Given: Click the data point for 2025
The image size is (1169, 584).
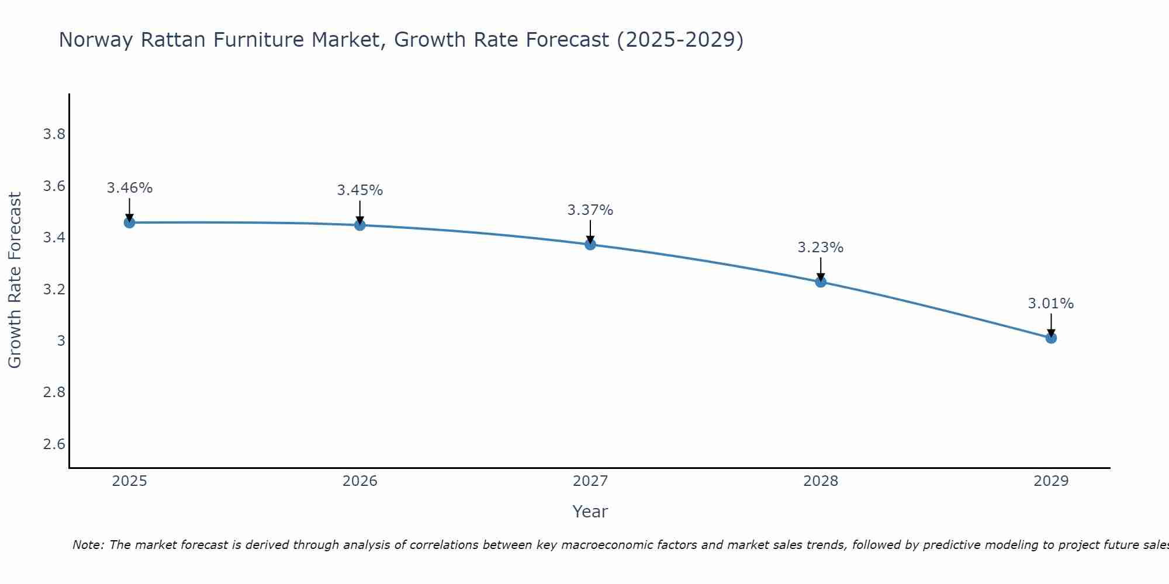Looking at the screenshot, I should coord(130,223).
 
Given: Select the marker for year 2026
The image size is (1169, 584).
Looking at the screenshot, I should coord(360,225).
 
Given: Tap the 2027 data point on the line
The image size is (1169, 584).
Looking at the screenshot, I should coord(590,244).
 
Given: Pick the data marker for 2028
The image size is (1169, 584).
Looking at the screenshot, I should coord(821,282).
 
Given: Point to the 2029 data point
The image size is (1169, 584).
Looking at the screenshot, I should coord(1051,338).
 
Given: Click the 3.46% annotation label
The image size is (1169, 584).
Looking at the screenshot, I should coord(130,188).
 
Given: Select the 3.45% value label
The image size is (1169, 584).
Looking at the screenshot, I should coord(360,190).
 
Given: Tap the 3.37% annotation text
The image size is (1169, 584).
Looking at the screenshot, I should coord(590,210).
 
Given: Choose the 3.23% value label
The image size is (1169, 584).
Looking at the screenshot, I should coord(821,248).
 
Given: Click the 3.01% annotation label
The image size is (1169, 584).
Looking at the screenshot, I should coord(1051,304).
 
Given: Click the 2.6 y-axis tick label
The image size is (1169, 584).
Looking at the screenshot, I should coord(54,444).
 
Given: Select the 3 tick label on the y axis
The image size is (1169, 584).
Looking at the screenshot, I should coord(61,341).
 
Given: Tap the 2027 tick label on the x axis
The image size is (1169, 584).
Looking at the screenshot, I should coord(590,481).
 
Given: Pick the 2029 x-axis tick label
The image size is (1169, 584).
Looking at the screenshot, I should coord(1051,481).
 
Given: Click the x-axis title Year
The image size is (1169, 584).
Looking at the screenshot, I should coord(590,512).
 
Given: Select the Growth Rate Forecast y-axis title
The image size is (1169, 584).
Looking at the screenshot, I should coord(15,280).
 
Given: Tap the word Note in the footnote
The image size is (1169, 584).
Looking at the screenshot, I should coord(88,545).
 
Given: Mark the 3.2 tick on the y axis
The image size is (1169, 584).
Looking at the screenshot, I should coord(54,290).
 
